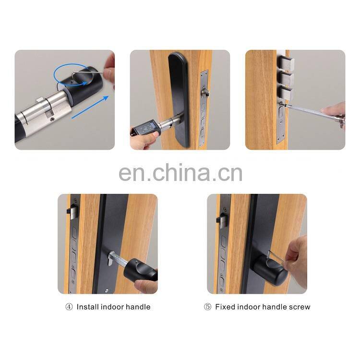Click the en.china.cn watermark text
(x=180, y=173)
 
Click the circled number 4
(x=69, y=307)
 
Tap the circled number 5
(x=207, y=307)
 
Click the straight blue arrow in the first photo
(x=90, y=107)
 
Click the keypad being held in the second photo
(x=146, y=129)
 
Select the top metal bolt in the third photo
(x=287, y=62)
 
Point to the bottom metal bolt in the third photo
(x=287, y=93)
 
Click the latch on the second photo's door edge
(x=205, y=93)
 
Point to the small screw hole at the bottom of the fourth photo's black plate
(x=106, y=291)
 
